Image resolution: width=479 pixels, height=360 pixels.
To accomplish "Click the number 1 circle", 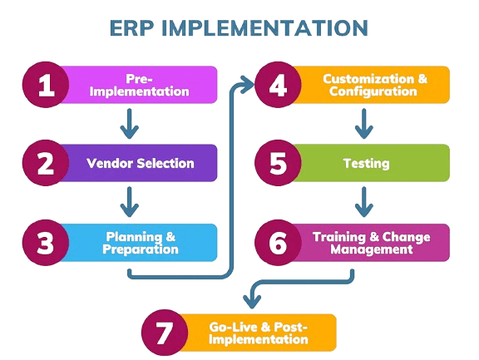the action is (46, 85).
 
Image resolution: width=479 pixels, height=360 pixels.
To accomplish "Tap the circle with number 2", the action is (46, 163).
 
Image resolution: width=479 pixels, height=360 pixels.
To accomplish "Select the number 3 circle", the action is (46, 243).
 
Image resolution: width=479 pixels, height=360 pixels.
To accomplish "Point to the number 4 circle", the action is (278, 85).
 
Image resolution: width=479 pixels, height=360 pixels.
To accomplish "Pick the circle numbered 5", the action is (278, 163).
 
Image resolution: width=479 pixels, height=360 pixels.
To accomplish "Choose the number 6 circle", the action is (278, 243).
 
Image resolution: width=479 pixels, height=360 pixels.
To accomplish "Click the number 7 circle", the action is (165, 333).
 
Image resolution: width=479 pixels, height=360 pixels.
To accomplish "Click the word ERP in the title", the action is (132, 28).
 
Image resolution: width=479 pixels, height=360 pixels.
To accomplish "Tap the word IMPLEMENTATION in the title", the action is (264, 28).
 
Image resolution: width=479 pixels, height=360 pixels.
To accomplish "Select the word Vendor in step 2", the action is (110, 163).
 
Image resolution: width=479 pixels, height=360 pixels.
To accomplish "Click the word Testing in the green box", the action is (366, 164).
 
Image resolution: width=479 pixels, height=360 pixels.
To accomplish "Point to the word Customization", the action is (368, 79).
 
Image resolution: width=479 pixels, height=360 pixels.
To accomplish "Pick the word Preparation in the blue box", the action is (141, 249).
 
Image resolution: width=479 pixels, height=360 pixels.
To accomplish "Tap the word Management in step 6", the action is (372, 249).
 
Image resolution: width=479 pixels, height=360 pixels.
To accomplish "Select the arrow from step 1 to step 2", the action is (130, 124).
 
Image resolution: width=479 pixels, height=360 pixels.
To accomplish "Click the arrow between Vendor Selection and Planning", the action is (130, 202).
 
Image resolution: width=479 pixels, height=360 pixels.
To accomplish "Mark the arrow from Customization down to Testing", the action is (364, 124).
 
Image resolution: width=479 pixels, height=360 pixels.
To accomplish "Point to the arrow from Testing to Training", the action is (364, 202).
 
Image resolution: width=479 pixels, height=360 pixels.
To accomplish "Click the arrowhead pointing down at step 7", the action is (252, 302).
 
